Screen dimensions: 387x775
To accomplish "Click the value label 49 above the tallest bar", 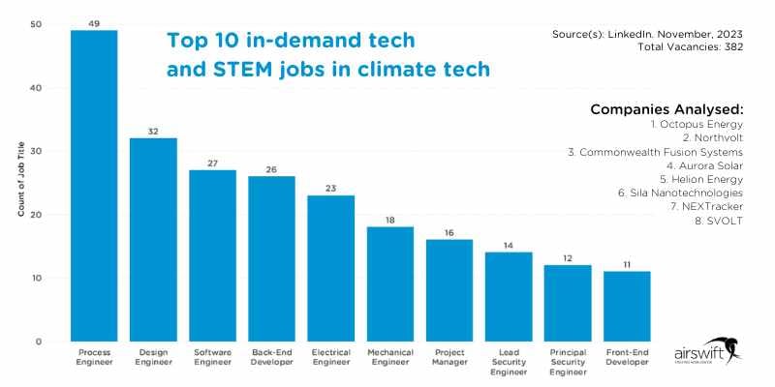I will (94, 23).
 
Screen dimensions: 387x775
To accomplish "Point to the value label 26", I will (271, 169).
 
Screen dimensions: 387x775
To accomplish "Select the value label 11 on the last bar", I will (627, 264).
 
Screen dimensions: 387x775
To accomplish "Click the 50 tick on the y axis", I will (36, 24).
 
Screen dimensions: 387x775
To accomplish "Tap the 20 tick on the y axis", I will (36, 215).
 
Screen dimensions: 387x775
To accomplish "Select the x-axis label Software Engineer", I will (212, 358).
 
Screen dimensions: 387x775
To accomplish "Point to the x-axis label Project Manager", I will (449, 358).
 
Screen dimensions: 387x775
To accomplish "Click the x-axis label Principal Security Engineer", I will (568, 362).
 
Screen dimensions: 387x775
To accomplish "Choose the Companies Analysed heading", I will (666, 109).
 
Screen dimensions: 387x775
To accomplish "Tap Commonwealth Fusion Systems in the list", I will (655, 152).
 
